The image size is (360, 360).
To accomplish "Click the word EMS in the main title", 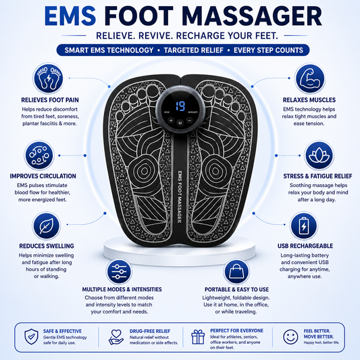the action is [x=70, y=16].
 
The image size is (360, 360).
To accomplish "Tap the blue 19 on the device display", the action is [x=180, y=106].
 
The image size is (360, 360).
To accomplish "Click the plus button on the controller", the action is [x=171, y=120].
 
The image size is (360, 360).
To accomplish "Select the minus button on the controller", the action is [x=189, y=120].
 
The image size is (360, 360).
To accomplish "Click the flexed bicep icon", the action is [x=310, y=78].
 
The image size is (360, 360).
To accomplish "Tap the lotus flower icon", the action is [x=319, y=155].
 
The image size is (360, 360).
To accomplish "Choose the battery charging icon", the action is [x=304, y=226].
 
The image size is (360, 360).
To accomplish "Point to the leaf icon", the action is [x=47, y=226].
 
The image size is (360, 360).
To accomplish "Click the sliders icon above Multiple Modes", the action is [x=119, y=272].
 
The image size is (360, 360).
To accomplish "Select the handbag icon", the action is [x=236, y=272].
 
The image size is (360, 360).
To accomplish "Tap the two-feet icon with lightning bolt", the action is [x=49, y=78].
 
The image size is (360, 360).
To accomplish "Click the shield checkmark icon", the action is [x=31, y=336].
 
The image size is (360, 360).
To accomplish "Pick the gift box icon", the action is [x=198, y=337].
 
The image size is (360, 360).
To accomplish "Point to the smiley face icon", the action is [x=290, y=337].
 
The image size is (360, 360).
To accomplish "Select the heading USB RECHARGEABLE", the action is [x=305, y=246].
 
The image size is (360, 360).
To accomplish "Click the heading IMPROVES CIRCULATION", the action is [x=43, y=176].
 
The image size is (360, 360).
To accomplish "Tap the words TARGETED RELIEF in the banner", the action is [x=194, y=50].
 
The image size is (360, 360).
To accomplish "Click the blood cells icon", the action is [x=39, y=155].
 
